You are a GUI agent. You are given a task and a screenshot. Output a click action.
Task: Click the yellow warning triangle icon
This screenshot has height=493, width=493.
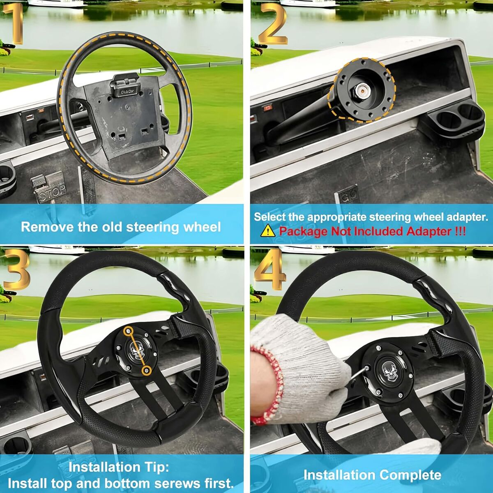tap(268, 231)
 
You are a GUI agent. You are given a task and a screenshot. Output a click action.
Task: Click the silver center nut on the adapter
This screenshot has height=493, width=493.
tap(362, 89)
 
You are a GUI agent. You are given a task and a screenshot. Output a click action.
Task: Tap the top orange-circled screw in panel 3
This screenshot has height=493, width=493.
tap(128, 331)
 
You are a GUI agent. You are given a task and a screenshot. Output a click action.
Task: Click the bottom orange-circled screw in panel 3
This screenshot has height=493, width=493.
tap(147, 371)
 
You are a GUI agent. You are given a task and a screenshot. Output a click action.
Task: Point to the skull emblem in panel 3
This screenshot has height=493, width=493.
tap(136, 350)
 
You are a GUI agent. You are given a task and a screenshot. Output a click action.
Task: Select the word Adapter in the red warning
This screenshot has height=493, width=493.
tap(429, 232)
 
